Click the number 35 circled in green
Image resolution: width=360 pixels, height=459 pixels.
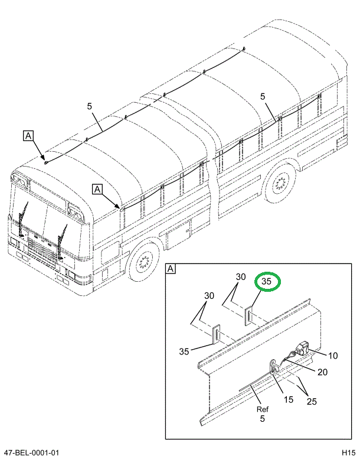(x=266, y=282)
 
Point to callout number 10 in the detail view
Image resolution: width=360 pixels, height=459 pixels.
(x=333, y=356)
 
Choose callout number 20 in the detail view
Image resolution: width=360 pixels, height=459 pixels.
(x=323, y=372)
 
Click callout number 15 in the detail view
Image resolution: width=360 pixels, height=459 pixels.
(x=288, y=399)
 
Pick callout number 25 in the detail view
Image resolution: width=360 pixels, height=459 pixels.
(x=311, y=401)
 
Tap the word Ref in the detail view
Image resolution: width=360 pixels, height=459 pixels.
(x=262, y=409)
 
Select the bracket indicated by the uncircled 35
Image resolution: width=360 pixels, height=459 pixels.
(x=216, y=334)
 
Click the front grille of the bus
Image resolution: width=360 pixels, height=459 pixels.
(x=41, y=248)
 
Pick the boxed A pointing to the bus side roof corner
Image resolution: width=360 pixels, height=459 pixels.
(x=98, y=188)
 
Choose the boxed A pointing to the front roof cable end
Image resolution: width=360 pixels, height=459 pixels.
(x=28, y=135)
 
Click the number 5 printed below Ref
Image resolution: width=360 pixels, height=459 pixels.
(x=262, y=418)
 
